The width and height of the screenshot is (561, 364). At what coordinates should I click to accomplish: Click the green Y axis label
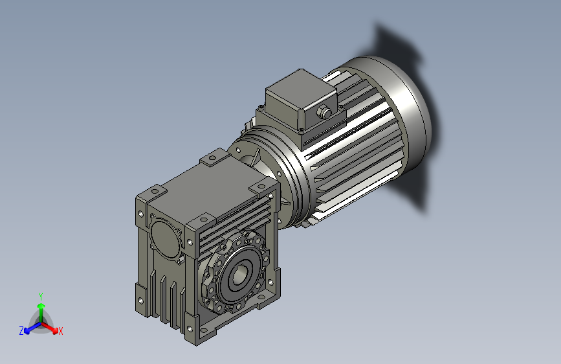pyautogui.click(x=40, y=295)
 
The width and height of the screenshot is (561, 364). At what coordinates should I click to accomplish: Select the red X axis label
pyautogui.click(x=61, y=332)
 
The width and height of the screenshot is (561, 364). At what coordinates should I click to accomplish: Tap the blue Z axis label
pyautogui.click(x=21, y=331)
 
